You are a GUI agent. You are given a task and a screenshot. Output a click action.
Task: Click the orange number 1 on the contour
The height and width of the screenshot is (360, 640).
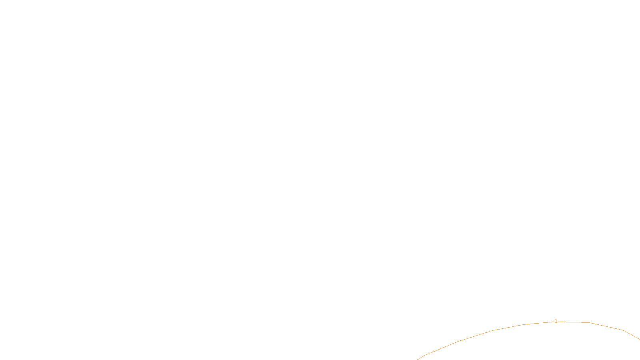[x=556, y=321]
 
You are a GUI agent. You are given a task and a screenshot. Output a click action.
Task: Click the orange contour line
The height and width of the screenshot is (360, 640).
[x=492, y=330]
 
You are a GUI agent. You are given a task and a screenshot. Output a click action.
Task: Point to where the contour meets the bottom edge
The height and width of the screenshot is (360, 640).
[x=418, y=359]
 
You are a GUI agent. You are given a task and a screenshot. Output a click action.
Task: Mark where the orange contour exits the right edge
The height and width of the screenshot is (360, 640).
[x=639, y=339]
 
